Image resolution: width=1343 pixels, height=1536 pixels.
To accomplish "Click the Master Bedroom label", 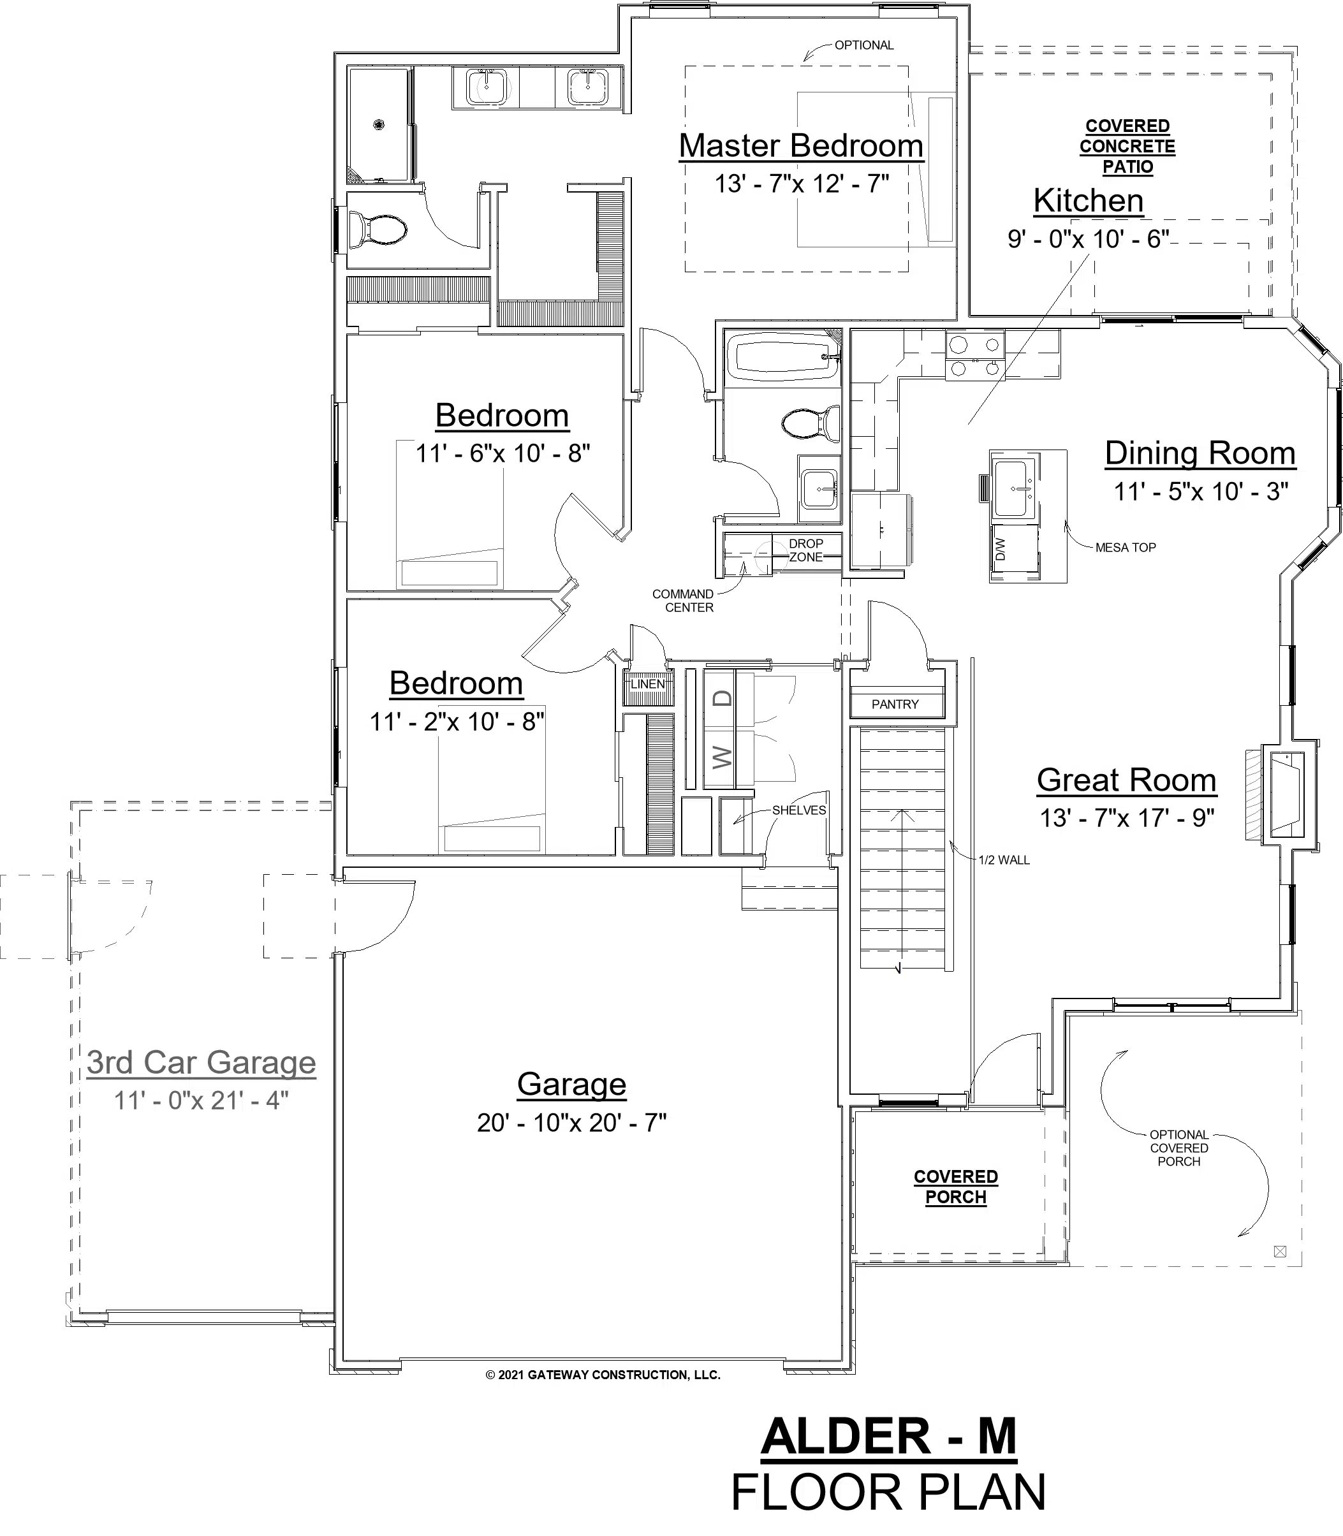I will (x=801, y=145).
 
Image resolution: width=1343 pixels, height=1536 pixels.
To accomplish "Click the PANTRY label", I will (x=895, y=705).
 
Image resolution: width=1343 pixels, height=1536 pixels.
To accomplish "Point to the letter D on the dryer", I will (x=722, y=698).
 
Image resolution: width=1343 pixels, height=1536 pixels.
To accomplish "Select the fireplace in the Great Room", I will (x=1286, y=795).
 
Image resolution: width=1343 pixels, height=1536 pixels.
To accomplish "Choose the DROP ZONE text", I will (x=805, y=550).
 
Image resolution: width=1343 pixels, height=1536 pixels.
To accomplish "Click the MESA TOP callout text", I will (x=1125, y=548).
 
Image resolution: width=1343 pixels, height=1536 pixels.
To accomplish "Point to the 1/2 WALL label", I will (x=1004, y=860).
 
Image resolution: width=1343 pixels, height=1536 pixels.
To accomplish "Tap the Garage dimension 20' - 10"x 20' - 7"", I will (x=572, y=1122).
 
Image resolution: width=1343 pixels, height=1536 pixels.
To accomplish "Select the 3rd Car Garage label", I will (x=201, y=1062).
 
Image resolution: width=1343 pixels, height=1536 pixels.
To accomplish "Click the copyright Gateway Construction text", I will (x=603, y=1375).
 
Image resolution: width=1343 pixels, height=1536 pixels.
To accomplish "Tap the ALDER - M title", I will (x=889, y=1437).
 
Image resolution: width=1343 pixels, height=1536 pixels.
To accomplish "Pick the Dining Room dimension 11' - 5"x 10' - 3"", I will (x=1201, y=492).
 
